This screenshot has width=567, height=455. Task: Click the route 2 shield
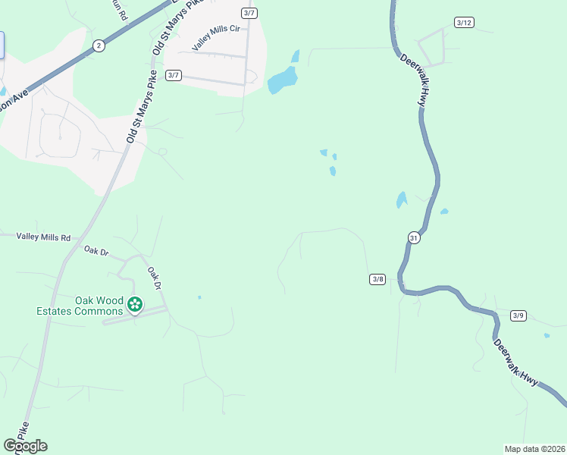tap(99, 45)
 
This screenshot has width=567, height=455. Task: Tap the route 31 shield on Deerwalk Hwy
tap(414, 237)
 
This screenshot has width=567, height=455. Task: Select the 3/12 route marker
tap(464, 23)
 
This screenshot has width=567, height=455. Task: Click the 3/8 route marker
tap(377, 279)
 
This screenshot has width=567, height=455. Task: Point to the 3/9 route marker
tap(518, 315)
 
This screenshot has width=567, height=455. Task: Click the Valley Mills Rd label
tap(43, 237)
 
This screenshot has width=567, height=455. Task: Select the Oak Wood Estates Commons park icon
tap(135, 305)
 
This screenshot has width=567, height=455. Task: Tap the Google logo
tap(25, 446)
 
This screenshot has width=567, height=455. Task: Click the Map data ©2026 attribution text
tap(534, 448)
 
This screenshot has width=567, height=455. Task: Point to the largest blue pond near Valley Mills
tap(282, 80)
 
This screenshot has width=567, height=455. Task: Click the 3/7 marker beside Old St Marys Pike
tap(174, 74)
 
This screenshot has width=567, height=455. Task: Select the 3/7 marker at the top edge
tap(249, 13)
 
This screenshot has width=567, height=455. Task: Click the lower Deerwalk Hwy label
tap(515, 362)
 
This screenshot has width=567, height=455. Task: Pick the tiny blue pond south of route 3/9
tap(547, 335)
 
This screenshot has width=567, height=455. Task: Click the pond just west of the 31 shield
tap(400, 200)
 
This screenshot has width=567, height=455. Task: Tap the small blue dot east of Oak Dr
tap(199, 297)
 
